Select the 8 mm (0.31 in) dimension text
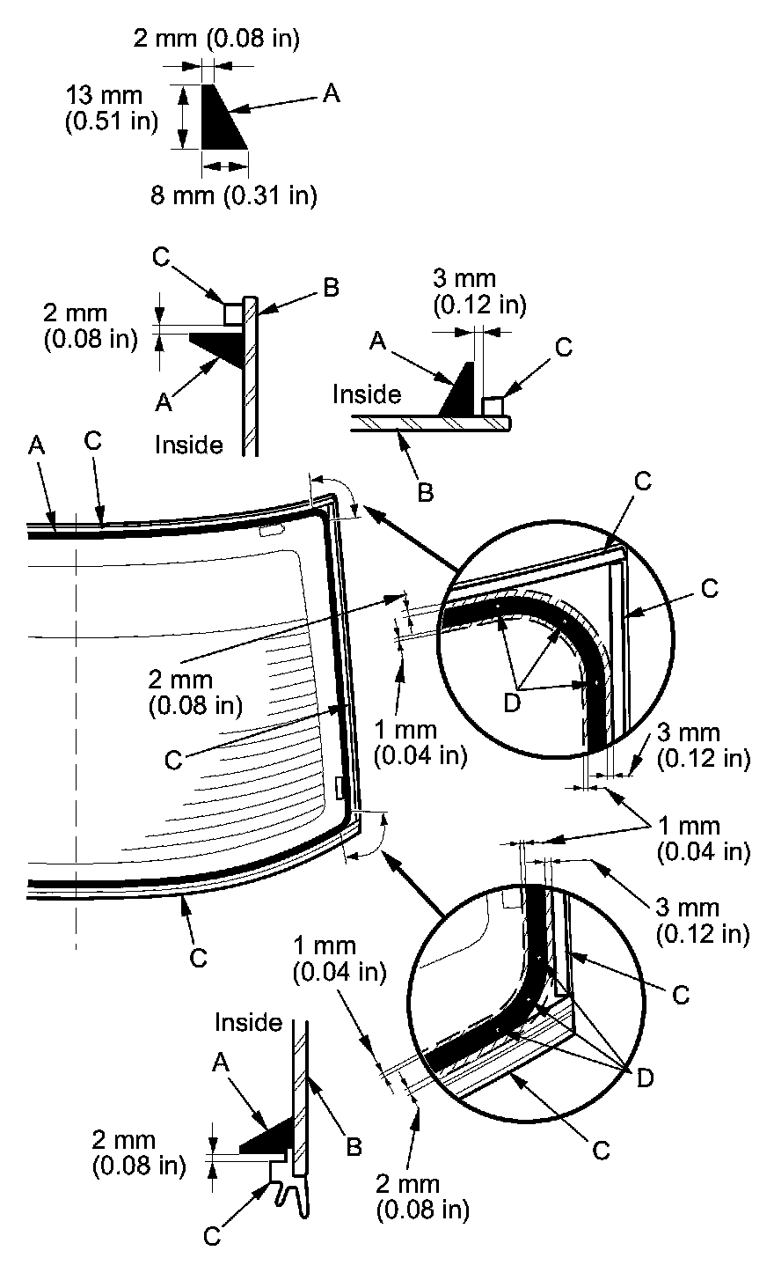click(x=232, y=195)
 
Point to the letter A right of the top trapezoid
click(x=331, y=94)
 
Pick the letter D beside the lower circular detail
click(x=645, y=1078)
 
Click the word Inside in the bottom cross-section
click(x=249, y=1022)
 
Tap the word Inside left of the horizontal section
click(x=366, y=395)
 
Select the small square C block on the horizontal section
click(x=493, y=407)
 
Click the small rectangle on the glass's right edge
click(x=340, y=788)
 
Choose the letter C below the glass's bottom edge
click(x=199, y=957)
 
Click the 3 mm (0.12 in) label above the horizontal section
click(x=479, y=292)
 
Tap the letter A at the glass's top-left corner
click(x=36, y=447)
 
